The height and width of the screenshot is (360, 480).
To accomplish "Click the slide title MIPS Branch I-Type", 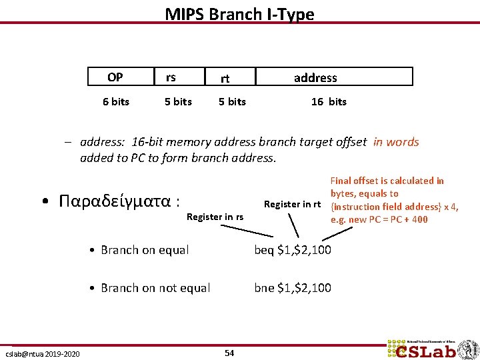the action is click(x=239, y=14).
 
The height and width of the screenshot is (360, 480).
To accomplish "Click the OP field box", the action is click(x=115, y=77).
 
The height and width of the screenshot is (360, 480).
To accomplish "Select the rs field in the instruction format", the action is click(x=171, y=77).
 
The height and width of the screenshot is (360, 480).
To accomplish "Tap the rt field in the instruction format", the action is click(x=225, y=78).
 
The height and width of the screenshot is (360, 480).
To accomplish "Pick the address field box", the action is click(x=315, y=77).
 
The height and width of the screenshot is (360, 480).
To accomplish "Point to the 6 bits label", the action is click(x=116, y=101).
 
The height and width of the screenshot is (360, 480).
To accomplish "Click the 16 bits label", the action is click(x=329, y=101).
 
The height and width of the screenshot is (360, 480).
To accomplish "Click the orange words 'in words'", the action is click(x=396, y=141).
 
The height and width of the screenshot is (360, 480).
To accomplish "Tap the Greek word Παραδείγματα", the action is click(x=119, y=201).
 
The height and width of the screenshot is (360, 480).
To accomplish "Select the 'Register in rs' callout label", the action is click(x=215, y=217).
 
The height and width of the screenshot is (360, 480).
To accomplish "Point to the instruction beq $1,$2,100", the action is click(x=293, y=250).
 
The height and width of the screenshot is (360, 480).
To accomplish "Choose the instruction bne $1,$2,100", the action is click(x=293, y=288).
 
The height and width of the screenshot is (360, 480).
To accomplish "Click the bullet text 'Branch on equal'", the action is click(x=145, y=250).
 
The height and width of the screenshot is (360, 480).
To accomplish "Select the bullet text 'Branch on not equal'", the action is click(x=155, y=288).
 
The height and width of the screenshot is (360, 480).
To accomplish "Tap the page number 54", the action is click(x=229, y=353).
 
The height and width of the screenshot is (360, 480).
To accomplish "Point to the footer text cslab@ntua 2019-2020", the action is click(x=43, y=353).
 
